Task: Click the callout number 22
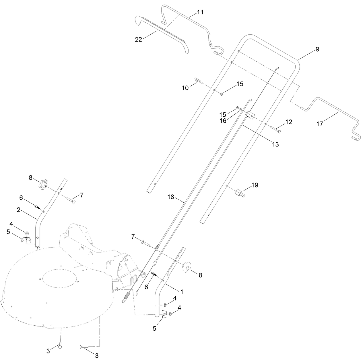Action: tap(138, 40)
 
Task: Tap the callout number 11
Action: tap(200, 12)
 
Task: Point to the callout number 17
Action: tap(320, 124)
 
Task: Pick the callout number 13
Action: tap(275, 144)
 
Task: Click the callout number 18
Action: tap(171, 197)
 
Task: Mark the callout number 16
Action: tap(223, 121)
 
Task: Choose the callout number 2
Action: tap(18, 210)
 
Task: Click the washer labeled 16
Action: tap(240, 109)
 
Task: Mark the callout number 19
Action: tap(255, 185)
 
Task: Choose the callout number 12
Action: tap(288, 122)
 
